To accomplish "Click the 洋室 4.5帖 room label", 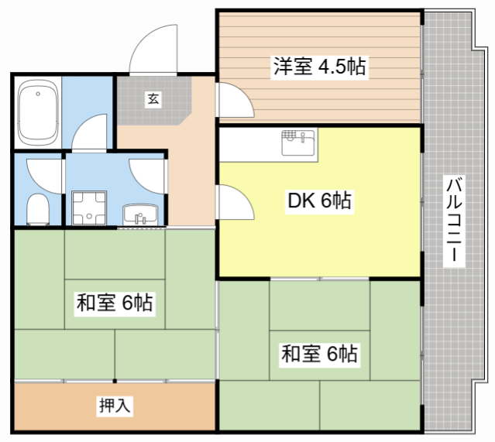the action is point(319,67).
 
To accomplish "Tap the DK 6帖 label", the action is point(319,200).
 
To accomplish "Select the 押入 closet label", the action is point(115,406).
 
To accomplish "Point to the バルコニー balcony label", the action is point(454,220).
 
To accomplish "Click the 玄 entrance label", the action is point(153,99).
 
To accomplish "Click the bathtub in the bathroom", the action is point(38,113).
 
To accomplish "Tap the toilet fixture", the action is point(38,210).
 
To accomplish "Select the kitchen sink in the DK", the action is point(298,142).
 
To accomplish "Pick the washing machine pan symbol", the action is point(89,208).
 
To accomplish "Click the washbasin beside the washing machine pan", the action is point(140,214).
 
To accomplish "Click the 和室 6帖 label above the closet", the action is point(115,303).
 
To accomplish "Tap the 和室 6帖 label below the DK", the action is point(319,354).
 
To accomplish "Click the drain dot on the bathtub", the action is point(38,94).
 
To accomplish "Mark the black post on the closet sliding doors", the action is point(115,381).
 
